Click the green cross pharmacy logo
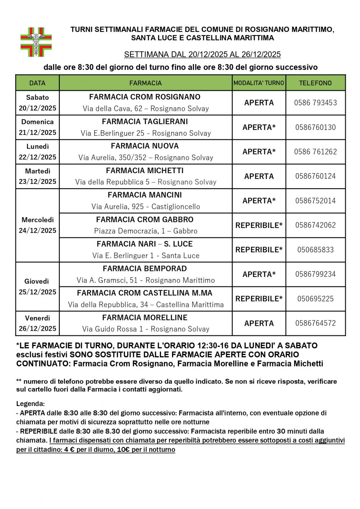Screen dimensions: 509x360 (x=36, y=42)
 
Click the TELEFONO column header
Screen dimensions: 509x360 (x=315, y=83)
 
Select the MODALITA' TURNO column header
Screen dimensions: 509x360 (x=259, y=83)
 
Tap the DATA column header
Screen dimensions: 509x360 (x=37, y=83)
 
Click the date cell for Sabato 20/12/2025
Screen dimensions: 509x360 (x=37, y=103)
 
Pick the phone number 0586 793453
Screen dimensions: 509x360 (x=315, y=103)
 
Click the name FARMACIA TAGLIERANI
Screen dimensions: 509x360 (x=145, y=122)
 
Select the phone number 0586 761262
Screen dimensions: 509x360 (x=315, y=152)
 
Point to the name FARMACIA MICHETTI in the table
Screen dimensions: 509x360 (x=145, y=171)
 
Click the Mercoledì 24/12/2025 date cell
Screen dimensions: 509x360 (x=37, y=225)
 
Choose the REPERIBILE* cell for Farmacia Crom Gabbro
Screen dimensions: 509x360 (x=259, y=225)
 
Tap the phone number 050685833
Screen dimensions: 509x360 (x=315, y=250)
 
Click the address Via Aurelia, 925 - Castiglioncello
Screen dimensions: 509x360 (x=145, y=207)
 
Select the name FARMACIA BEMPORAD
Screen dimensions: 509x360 (x=145, y=269)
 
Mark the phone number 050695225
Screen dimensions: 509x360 (x=315, y=299)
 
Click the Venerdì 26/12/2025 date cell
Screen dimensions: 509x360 (x=37, y=323)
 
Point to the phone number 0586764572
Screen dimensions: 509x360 (x=315, y=323)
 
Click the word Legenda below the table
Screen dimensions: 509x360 (x=30, y=404)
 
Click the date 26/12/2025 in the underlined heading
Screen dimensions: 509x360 (x=261, y=55)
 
